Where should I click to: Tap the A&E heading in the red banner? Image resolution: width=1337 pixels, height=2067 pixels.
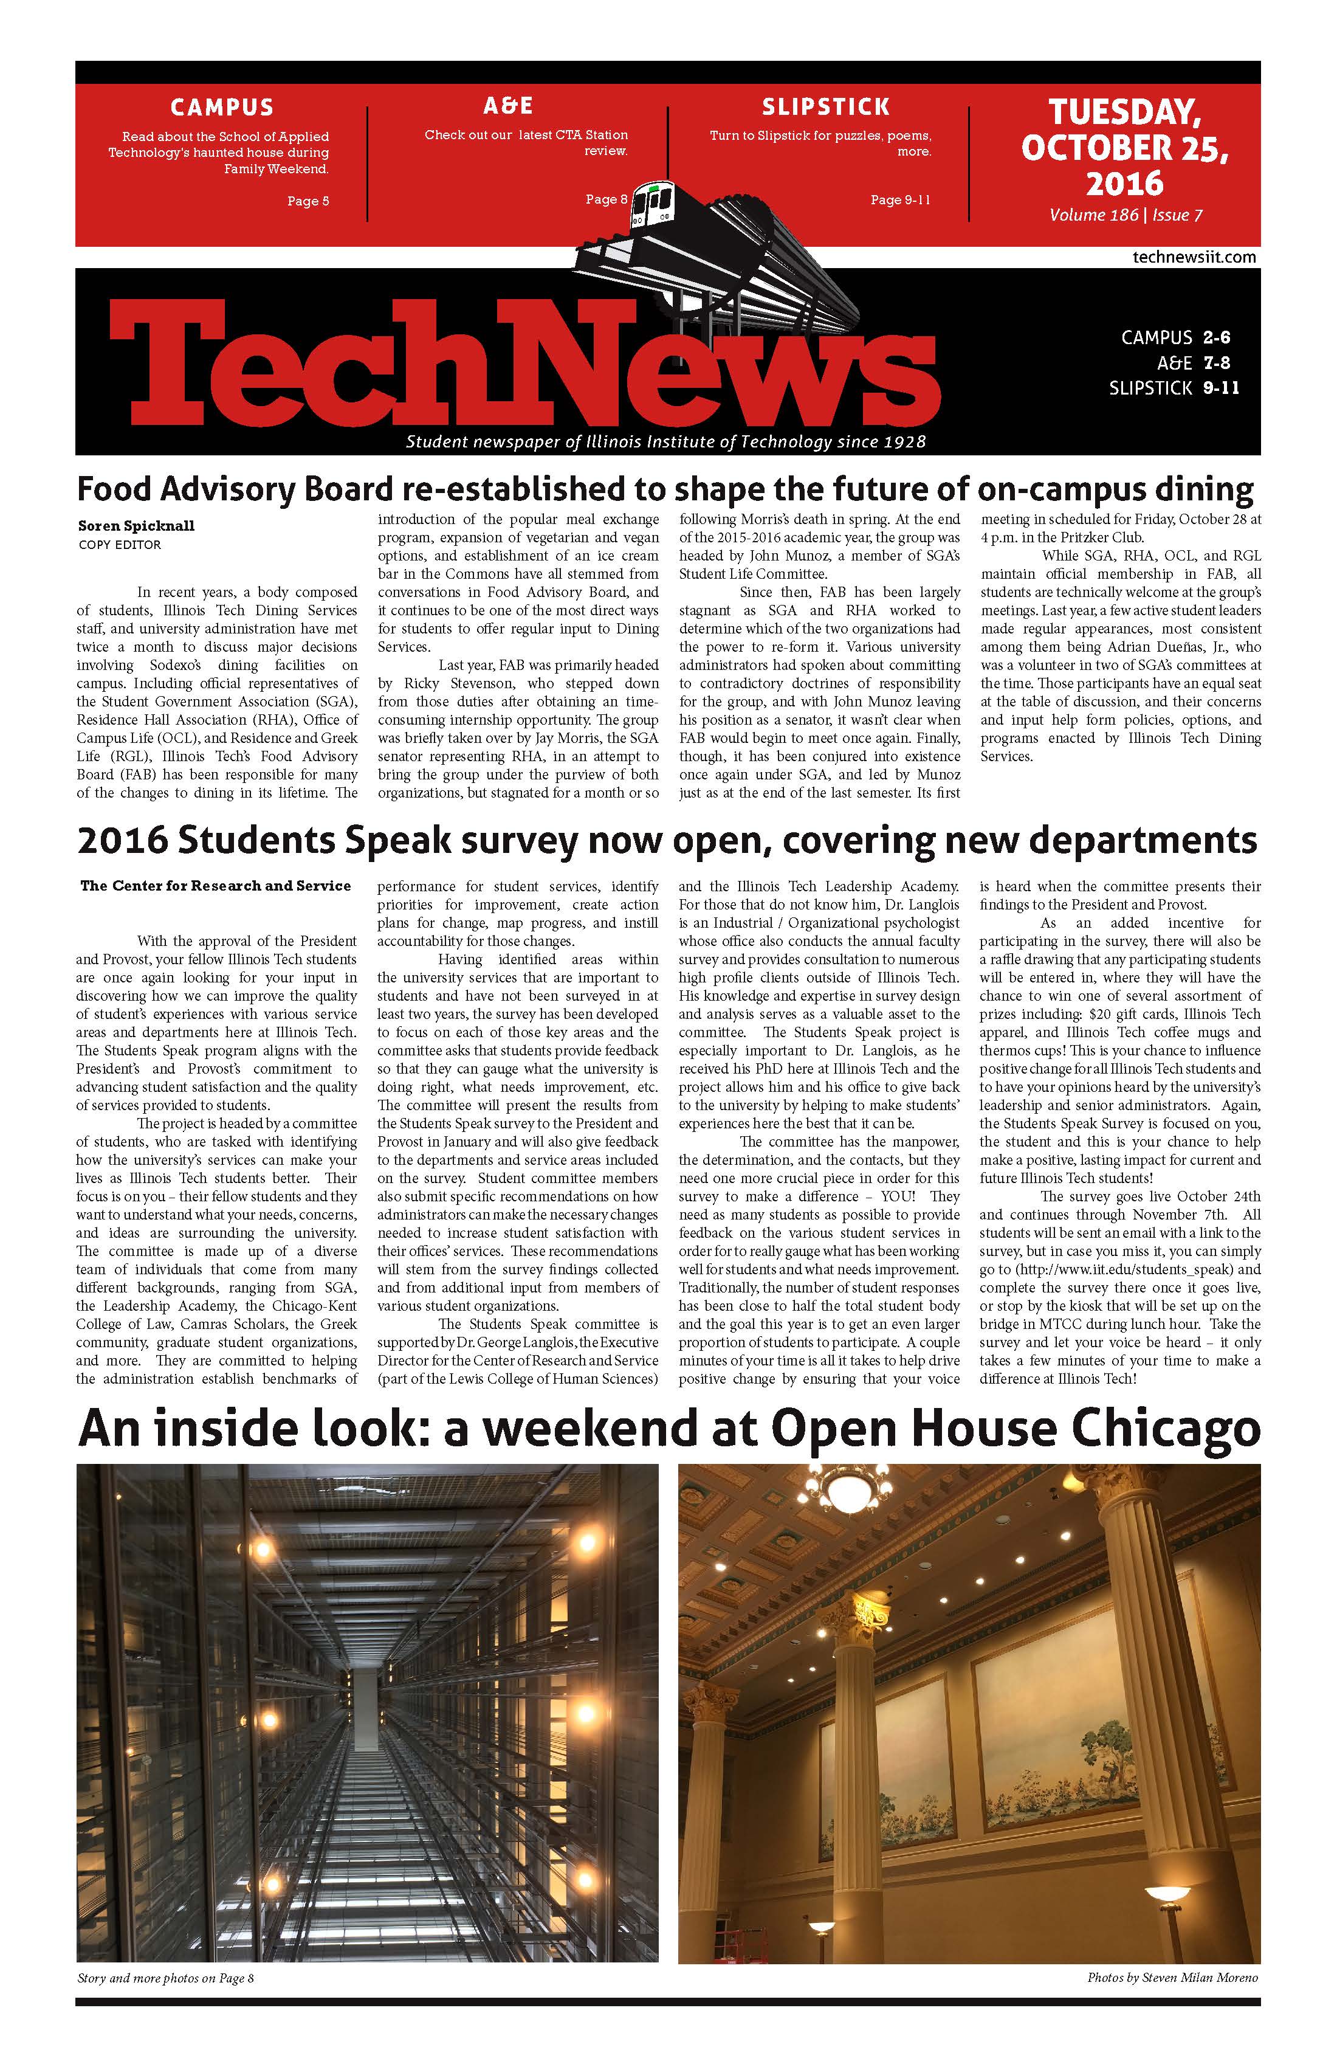508,106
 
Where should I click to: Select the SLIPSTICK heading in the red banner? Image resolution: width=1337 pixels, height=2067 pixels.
826,107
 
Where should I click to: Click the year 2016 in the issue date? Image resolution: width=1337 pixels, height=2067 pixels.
1124,183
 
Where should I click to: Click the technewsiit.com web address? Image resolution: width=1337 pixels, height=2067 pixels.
1194,257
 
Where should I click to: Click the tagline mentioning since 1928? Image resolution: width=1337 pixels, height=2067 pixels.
666,442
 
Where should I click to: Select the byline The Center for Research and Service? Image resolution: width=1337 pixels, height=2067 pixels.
215,886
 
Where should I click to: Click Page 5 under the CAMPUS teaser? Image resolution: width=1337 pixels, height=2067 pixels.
308,201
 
